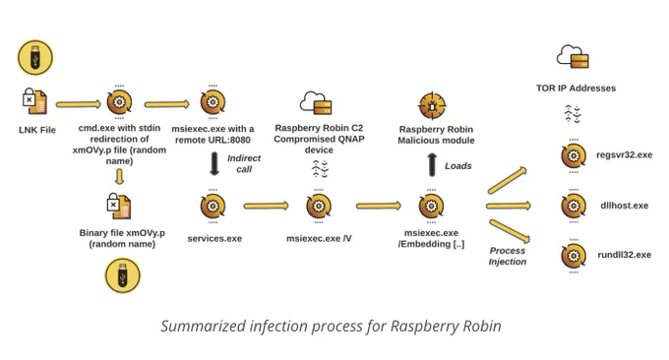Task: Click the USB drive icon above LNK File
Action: click(35, 58)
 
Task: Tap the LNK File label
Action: click(37, 130)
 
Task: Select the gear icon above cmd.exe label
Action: click(119, 102)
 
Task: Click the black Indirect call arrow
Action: click(214, 164)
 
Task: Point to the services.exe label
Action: click(214, 238)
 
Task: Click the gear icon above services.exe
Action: click(213, 206)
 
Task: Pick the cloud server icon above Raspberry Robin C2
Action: click(316, 103)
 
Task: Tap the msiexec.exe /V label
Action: click(319, 238)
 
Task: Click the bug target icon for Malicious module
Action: click(432, 106)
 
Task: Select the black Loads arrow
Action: click(432, 164)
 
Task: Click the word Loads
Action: click(458, 166)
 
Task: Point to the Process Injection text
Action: click(508, 256)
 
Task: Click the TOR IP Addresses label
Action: click(576, 89)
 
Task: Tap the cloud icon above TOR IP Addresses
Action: click(573, 56)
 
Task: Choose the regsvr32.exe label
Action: click(624, 154)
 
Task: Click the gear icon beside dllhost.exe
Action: click(574, 206)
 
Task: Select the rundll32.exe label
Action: click(624, 255)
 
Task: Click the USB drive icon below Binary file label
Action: click(122, 275)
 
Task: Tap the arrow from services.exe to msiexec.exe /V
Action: click(267, 206)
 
